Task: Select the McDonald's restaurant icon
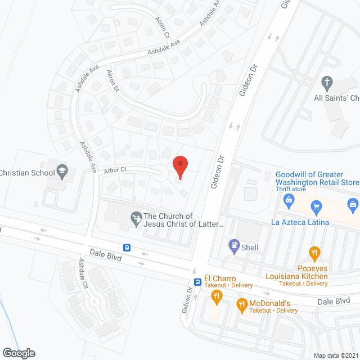(x=242, y=305)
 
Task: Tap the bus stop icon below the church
(x=127, y=247)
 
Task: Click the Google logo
(x=18, y=353)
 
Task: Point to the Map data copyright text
(x=336, y=355)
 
